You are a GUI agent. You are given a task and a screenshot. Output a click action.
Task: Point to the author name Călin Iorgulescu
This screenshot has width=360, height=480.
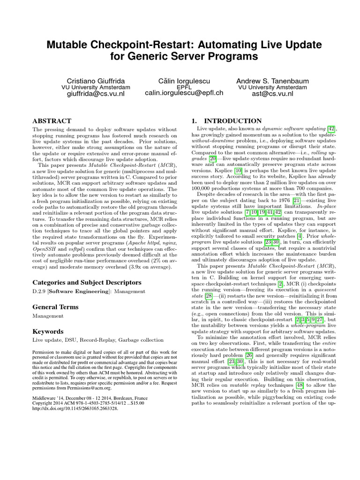coord(184,81)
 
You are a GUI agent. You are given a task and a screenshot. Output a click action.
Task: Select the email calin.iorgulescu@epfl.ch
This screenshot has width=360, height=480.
coord(184,93)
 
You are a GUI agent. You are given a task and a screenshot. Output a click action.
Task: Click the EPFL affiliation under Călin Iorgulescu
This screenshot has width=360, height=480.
coord(184,87)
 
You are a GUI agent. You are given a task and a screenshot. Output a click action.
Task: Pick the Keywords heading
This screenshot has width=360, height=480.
coord(48,331)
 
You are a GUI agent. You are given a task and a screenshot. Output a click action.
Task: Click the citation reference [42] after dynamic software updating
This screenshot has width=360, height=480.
coord(333,129)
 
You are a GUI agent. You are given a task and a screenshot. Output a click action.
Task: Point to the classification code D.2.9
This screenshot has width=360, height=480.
coord(39,292)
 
